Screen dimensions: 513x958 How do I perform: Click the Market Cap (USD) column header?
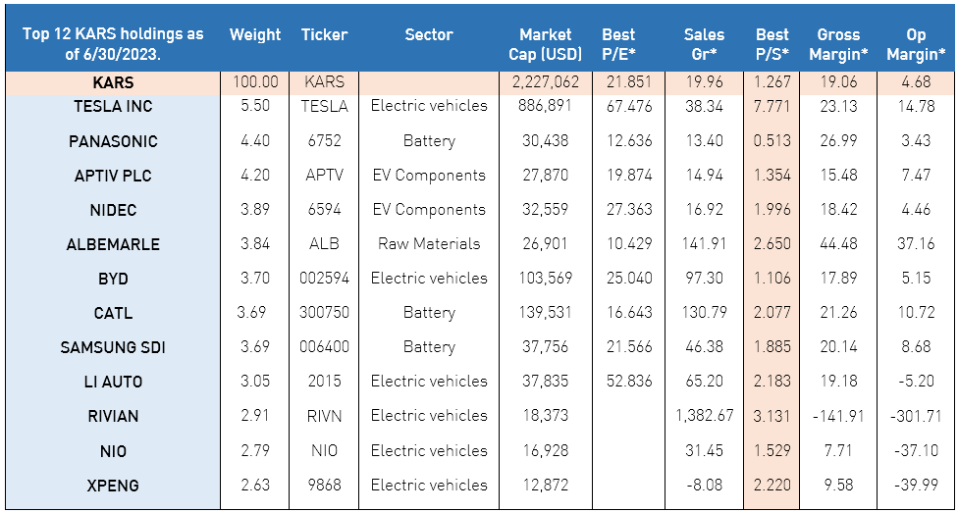click(545, 44)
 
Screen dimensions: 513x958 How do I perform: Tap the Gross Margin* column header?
click(837, 44)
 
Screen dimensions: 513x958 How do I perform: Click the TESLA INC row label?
click(113, 106)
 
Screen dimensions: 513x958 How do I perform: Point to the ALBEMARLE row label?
click(113, 244)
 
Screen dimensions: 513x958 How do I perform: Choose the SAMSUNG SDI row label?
click(113, 347)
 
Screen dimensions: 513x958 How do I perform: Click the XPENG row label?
click(113, 486)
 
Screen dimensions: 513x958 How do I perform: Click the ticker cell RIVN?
click(324, 416)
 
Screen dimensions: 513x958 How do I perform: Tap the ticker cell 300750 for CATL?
click(324, 313)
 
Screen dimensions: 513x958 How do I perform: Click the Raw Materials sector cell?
click(429, 244)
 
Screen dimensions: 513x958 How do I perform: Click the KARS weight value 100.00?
click(255, 83)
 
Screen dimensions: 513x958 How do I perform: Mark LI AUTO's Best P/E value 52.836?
click(627, 382)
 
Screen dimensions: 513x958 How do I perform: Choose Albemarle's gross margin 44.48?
click(837, 244)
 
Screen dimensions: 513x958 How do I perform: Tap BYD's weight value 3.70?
click(255, 279)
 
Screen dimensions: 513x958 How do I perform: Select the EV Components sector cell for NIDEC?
click(429, 210)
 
